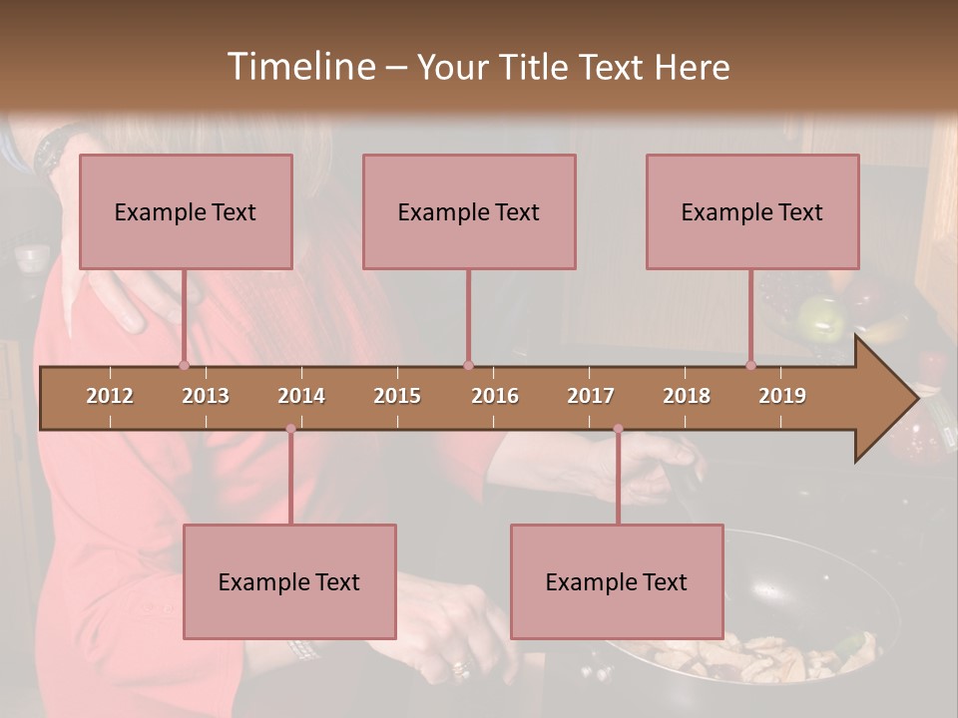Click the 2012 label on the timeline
pyautogui.click(x=110, y=396)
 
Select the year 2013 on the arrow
pyautogui.click(x=206, y=396)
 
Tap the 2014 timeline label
pyautogui.click(x=301, y=396)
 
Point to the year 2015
pyautogui.click(x=397, y=396)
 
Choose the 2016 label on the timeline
pyautogui.click(x=495, y=396)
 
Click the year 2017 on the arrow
pyautogui.click(x=591, y=396)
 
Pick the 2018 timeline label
pyautogui.click(x=687, y=396)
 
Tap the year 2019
pyautogui.click(x=782, y=396)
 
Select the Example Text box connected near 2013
pyautogui.click(x=186, y=211)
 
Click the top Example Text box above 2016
pyautogui.click(x=469, y=211)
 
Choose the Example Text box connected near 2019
pyautogui.click(x=752, y=211)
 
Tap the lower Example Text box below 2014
pyautogui.click(x=289, y=581)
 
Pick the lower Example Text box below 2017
pyautogui.click(x=617, y=581)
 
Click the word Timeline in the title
pyautogui.click(x=300, y=66)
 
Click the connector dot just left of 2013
pyautogui.click(x=184, y=365)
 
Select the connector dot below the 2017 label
pyautogui.click(x=618, y=429)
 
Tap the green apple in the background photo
pyautogui.click(x=821, y=318)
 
